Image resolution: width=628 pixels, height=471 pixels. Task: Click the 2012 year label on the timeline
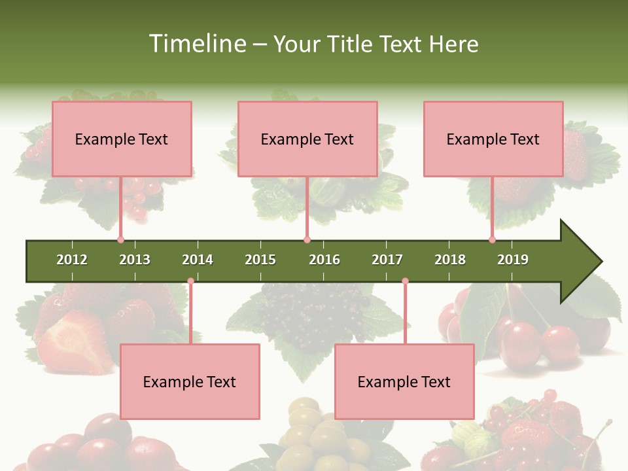coord(72,260)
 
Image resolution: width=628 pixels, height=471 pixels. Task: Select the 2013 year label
coord(135,260)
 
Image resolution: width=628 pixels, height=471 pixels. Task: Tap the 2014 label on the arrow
coord(198,260)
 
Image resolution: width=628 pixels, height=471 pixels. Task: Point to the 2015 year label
coord(260,260)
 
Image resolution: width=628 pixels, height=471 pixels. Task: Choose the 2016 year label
coord(324,260)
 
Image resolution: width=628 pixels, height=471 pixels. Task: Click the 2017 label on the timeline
coord(387,260)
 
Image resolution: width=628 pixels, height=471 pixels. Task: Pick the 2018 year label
coord(450,260)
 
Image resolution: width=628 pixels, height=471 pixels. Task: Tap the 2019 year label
coord(513,260)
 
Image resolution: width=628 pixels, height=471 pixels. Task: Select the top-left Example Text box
coord(122,139)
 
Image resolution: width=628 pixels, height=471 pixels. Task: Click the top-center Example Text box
coord(307,139)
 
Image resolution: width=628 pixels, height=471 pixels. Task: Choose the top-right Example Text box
coord(493,139)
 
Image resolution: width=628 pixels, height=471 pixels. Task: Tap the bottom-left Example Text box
coord(190,381)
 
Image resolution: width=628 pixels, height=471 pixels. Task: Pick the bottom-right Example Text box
coord(404,381)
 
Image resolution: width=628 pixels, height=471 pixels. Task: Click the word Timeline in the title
coord(196,44)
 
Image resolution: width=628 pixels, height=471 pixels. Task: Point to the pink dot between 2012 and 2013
coord(120,240)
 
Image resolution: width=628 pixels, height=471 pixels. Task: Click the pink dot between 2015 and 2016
coord(307,240)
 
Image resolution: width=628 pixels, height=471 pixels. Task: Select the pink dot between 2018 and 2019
coord(492,240)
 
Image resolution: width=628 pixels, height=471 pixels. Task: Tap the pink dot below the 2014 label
coord(190,281)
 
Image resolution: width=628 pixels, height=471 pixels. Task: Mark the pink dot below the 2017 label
coord(405,281)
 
